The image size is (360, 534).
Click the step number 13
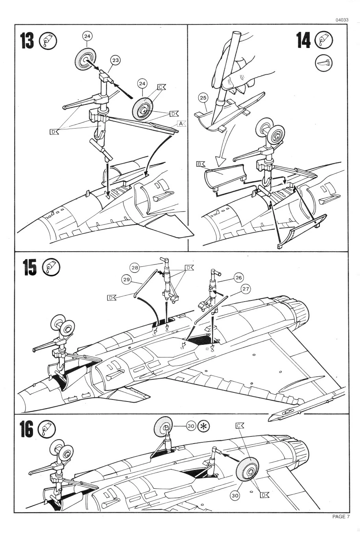click(x=27, y=41)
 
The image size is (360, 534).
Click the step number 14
click(x=303, y=41)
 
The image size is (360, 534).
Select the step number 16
click(x=26, y=430)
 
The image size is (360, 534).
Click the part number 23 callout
click(x=115, y=60)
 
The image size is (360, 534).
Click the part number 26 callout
click(x=238, y=278)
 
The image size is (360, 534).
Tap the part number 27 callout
click(x=246, y=289)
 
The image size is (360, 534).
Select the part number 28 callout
click(x=135, y=268)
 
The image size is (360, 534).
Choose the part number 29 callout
click(x=126, y=279)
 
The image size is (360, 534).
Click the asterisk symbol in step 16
click(x=204, y=426)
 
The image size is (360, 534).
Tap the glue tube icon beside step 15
click(x=51, y=267)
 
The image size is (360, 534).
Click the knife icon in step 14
click(x=324, y=62)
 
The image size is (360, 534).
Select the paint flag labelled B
click(x=200, y=164)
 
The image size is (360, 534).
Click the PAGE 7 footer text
click(x=341, y=517)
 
